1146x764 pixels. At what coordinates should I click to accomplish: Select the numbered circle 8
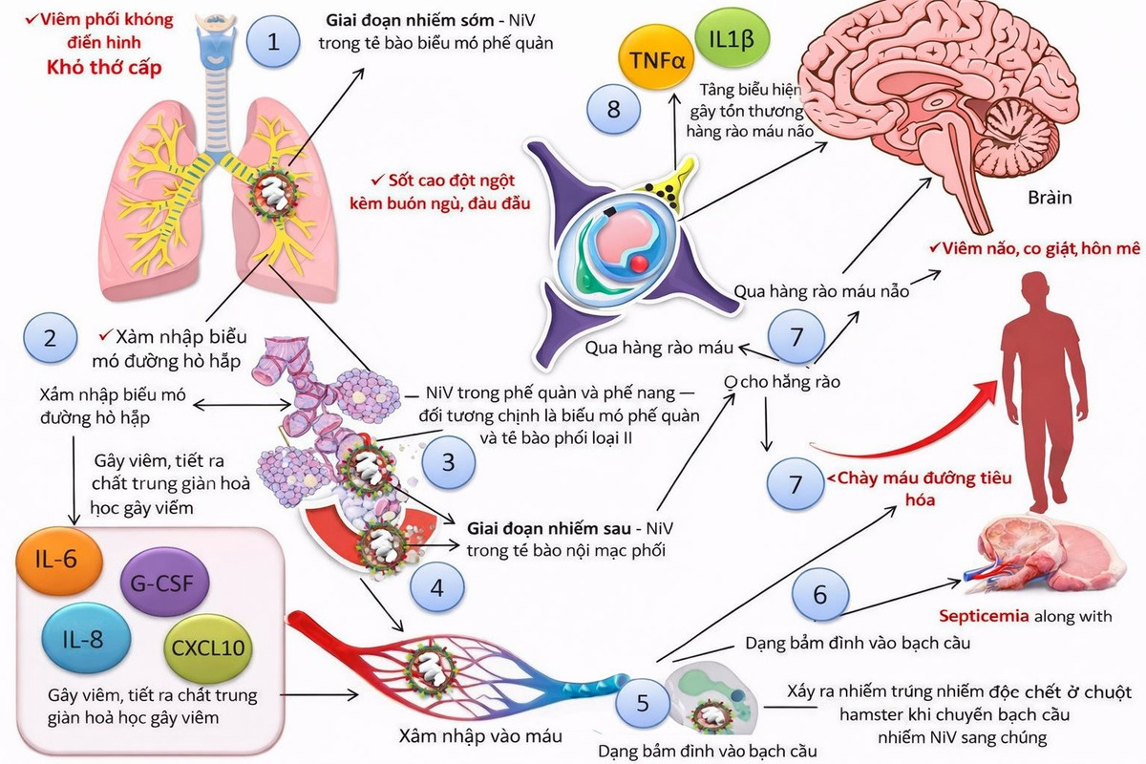point(613,109)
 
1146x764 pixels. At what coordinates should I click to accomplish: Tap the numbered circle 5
point(642,704)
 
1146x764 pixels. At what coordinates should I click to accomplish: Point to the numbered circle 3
point(448,461)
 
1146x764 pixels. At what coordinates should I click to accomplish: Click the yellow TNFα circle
point(658,56)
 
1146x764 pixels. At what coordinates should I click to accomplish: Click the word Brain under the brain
point(1049,198)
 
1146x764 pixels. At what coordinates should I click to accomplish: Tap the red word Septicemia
point(984,616)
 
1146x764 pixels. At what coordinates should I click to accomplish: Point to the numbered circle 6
point(819,593)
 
